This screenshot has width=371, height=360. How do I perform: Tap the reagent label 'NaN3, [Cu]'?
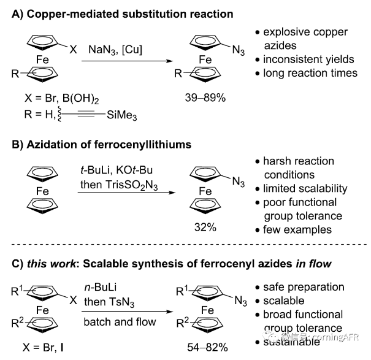tap(120, 47)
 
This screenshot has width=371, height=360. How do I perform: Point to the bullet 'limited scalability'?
tap(305, 189)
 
